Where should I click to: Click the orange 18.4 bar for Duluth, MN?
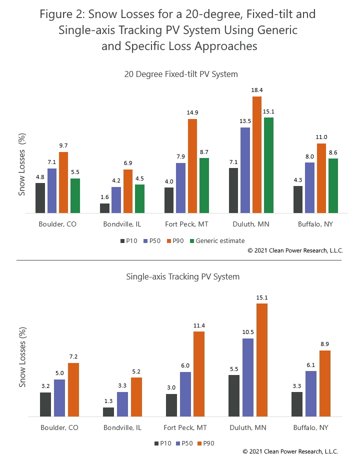pos(257,154)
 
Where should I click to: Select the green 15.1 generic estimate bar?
pos(268,165)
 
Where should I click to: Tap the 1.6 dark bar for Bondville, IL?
pos(104,208)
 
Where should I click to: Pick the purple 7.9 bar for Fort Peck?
pos(180,188)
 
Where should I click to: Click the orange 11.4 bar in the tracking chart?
pos(199,373)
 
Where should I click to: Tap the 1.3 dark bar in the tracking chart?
pos(108,411)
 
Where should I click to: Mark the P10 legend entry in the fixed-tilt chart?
pos(129,240)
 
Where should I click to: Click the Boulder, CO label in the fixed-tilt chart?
pos(57,224)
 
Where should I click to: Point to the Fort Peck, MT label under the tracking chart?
pos(185,427)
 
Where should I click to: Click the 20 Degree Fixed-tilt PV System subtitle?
pos(181,74)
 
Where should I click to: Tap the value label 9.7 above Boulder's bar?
pos(63,145)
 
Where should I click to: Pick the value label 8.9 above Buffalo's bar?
pos(325,344)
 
